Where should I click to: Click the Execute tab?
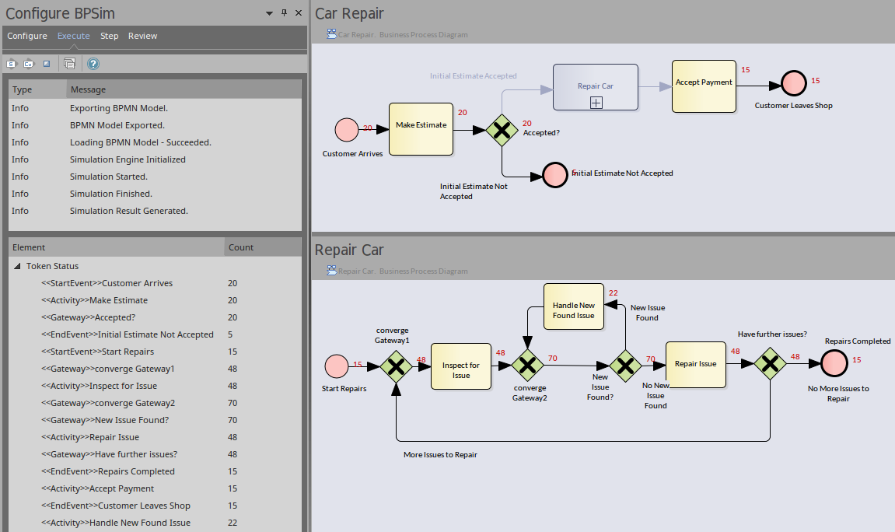point(74,36)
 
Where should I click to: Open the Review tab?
point(142,36)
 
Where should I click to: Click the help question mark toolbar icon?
point(93,64)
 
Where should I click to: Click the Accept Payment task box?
point(704,86)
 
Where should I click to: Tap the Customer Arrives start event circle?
point(346,130)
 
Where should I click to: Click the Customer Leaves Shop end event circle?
point(794,82)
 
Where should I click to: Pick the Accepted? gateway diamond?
point(502,130)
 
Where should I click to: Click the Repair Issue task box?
point(695,364)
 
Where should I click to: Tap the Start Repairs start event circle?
point(337,366)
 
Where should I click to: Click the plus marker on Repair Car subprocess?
point(596,102)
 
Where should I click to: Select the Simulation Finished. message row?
point(111,194)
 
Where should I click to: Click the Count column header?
point(241,247)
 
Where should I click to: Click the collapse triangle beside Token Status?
point(17,266)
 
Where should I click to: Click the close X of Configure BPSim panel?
point(299,13)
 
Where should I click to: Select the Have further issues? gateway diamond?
point(770,363)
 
